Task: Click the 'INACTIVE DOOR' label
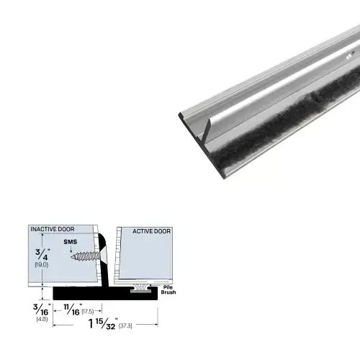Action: [52, 229]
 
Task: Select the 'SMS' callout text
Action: [71, 243]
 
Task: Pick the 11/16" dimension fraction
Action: [70, 310]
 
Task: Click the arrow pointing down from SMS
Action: [71, 249]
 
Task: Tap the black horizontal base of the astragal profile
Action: [94, 293]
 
